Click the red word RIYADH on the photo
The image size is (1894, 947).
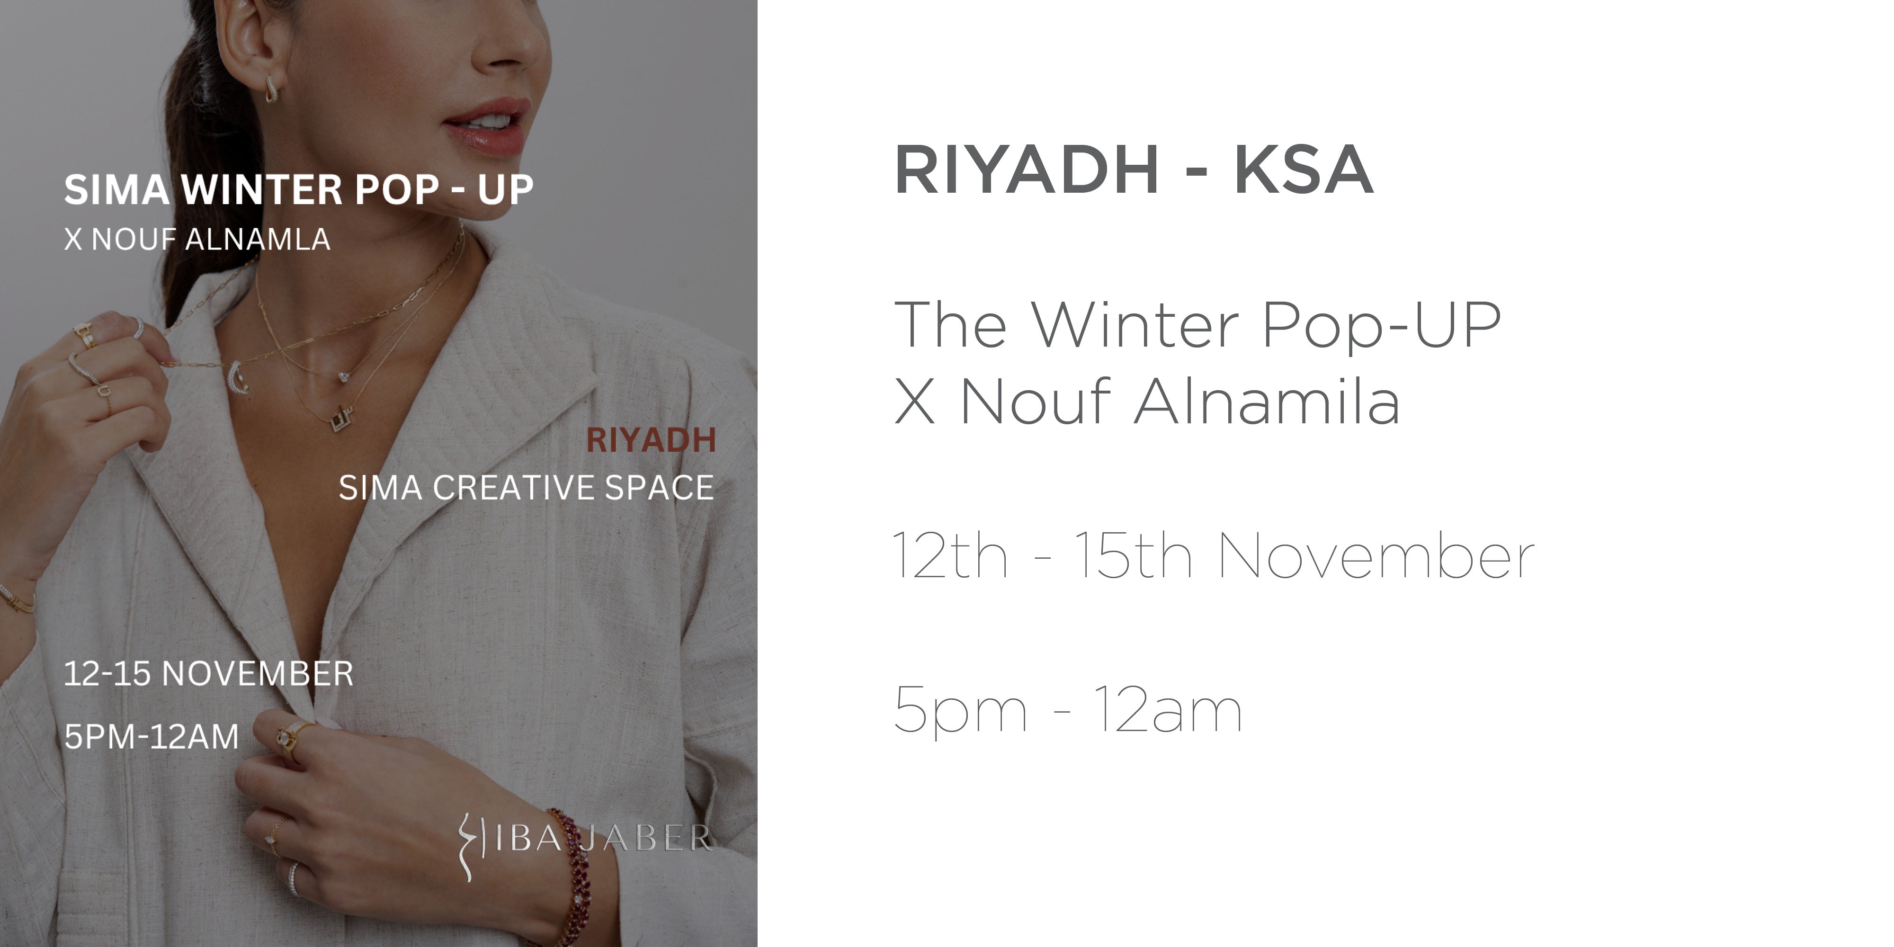point(651,440)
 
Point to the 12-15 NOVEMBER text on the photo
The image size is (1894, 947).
point(209,673)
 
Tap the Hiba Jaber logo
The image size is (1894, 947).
point(584,842)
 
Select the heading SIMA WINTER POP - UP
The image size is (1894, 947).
point(298,190)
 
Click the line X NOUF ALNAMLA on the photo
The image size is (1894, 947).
point(197,239)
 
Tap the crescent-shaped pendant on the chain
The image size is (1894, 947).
point(237,377)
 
